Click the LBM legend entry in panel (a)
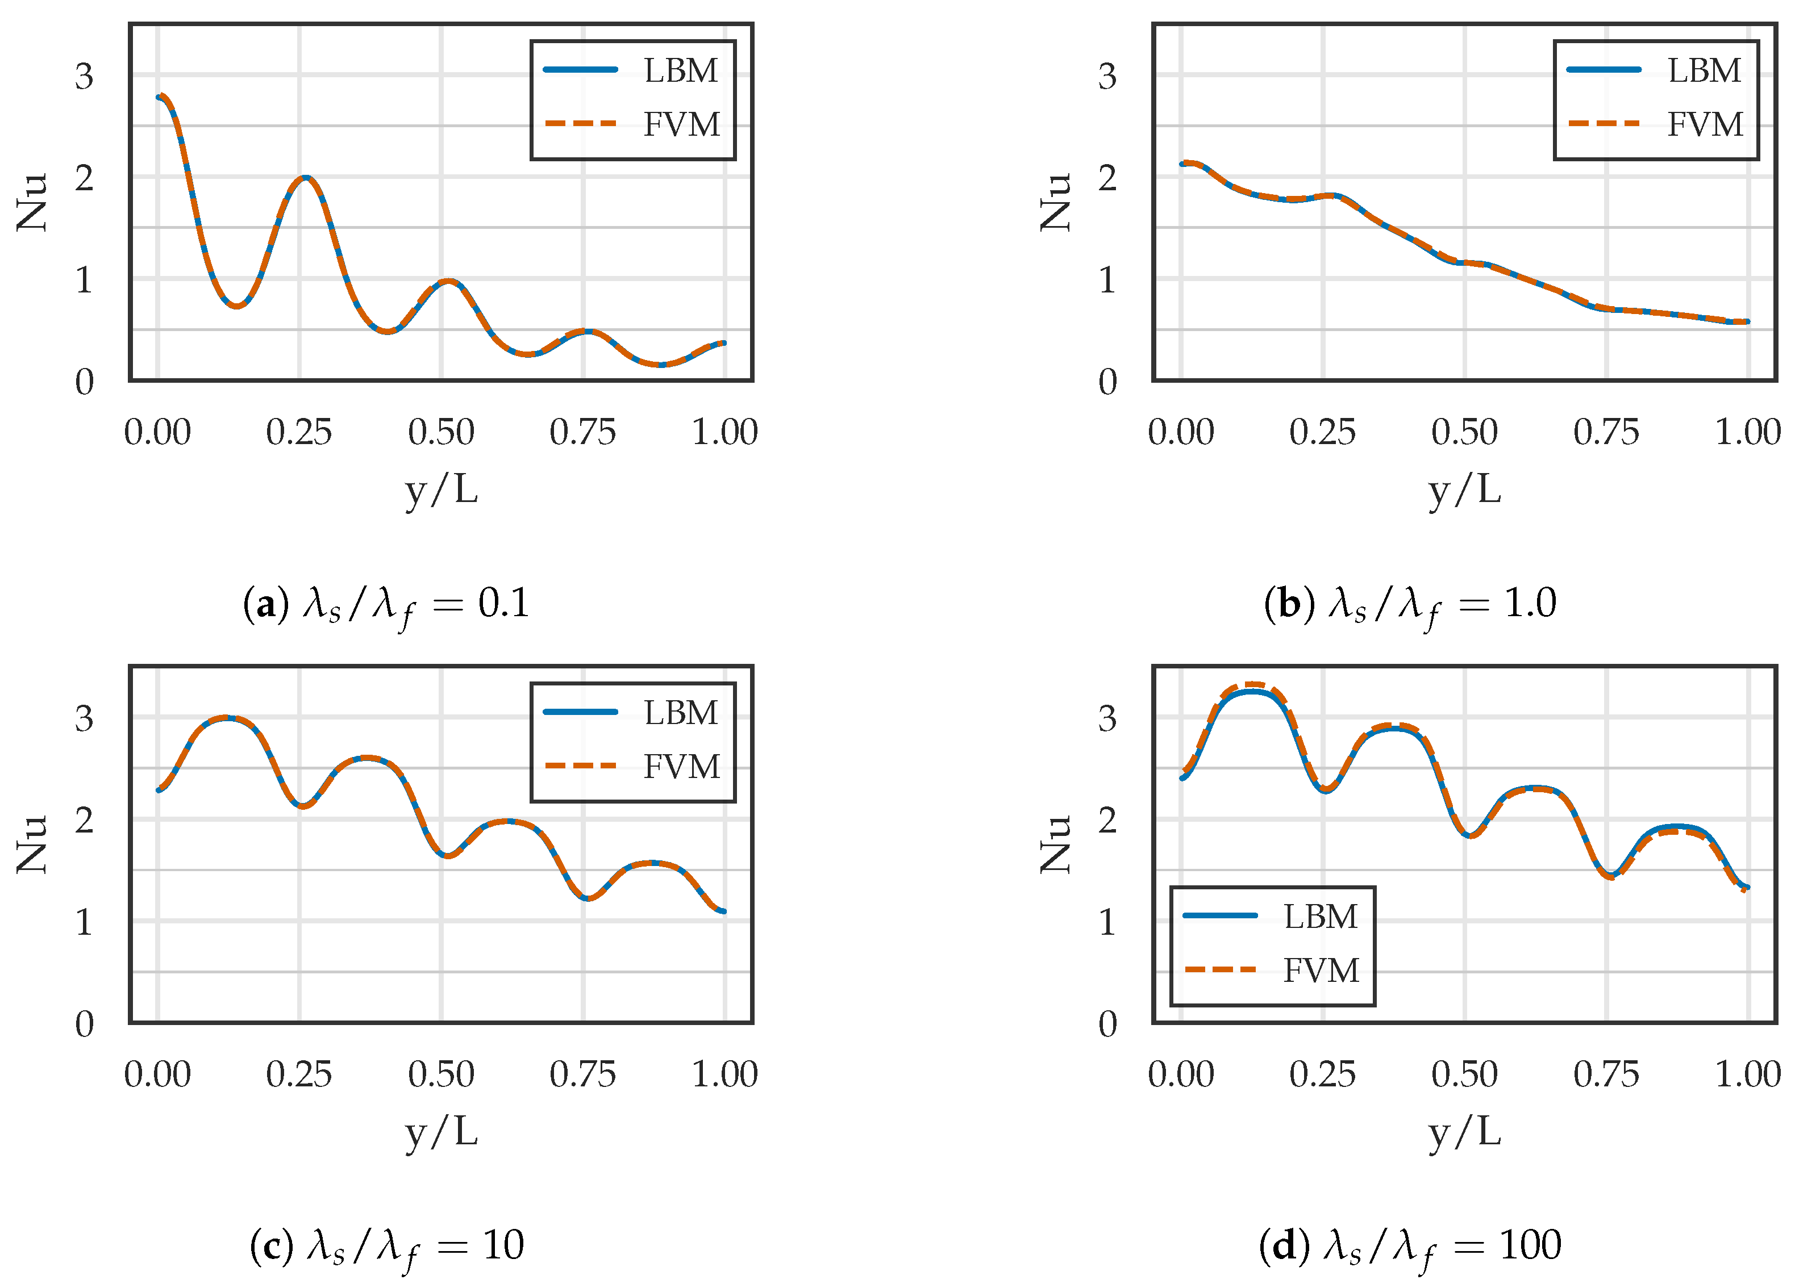point(680,70)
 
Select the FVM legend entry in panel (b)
point(1704,124)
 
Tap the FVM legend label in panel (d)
point(1321,970)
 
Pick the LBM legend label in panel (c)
point(680,712)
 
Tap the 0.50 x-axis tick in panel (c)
point(440,1074)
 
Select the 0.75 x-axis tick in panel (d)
point(1605,1074)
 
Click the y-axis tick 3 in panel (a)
point(84,77)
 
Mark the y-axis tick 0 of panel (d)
point(1107,1024)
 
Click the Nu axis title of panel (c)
point(32,844)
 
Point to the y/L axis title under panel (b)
point(1464,490)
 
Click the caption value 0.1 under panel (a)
point(503,603)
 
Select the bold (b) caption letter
point(1289,603)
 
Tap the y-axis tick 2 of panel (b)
point(1107,179)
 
